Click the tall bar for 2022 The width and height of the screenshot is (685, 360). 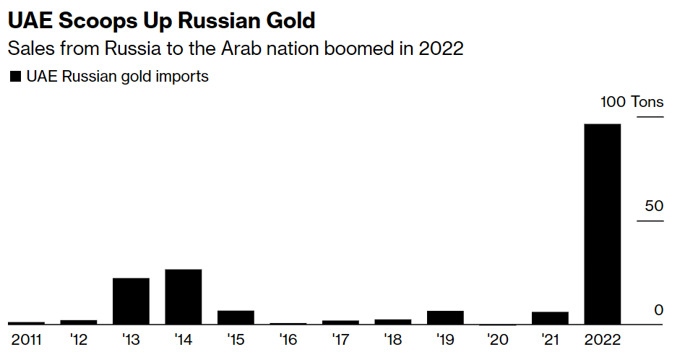point(603,224)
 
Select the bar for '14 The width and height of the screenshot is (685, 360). point(184,297)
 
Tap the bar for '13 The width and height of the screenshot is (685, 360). point(131,301)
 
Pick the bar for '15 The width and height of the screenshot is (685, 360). point(236,317)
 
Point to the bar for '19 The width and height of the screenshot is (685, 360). point(445,317)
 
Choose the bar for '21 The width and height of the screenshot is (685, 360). point(550,318)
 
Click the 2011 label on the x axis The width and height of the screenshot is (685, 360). point(26,338)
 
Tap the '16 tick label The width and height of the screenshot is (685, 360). point(288,338)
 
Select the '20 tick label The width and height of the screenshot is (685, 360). point(497,338)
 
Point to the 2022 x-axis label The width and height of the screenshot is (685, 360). point(603,338)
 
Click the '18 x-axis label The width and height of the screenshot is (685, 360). point(392,338)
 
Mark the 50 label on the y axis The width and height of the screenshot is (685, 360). point(654,207)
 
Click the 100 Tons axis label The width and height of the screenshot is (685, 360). point(632,102)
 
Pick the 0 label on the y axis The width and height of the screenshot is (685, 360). point(658,310)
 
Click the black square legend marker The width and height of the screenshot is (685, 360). point(14,77)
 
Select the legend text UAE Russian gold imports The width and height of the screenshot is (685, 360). point(117,77)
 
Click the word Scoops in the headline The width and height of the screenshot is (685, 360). point(89,20)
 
